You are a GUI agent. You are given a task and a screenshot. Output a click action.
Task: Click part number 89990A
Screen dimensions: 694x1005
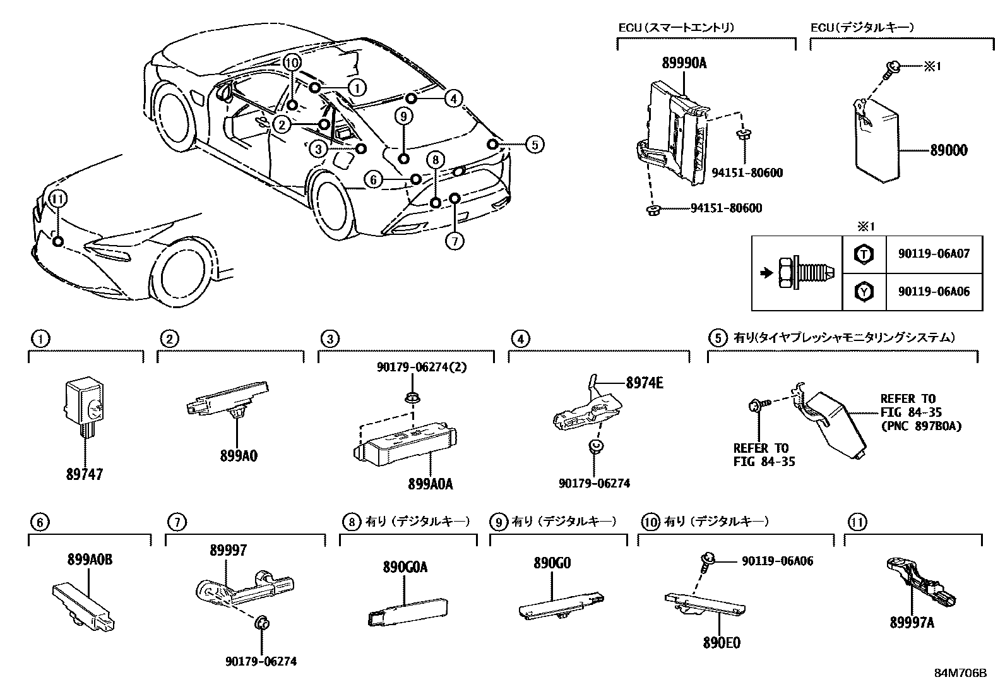pos(684,63)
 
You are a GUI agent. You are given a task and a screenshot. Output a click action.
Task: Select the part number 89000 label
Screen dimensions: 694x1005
pos(948,151)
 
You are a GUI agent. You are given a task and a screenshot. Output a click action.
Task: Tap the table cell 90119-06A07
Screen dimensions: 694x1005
pos(933,254)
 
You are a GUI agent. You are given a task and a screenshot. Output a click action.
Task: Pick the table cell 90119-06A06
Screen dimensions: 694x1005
pos(933,292)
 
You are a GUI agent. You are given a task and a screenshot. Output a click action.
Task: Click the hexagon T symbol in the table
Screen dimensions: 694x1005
pos(864,254)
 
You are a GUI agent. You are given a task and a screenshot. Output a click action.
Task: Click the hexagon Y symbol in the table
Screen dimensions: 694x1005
pos(864,292)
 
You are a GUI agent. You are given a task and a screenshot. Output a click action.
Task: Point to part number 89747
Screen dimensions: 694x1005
pos(84,474)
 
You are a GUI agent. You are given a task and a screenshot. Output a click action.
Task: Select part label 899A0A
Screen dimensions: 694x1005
pos(430,484)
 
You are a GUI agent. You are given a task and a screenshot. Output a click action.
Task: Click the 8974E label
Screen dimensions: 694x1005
pos(645,383)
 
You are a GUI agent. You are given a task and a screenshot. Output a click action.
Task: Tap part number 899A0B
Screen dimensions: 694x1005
pos(90,559)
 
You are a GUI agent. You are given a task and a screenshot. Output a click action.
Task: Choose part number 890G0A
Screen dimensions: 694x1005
pos(405,567)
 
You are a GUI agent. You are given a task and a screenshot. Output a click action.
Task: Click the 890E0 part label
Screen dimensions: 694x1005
pos(722,643)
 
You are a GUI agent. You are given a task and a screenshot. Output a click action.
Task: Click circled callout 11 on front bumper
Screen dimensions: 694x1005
pos(57,198)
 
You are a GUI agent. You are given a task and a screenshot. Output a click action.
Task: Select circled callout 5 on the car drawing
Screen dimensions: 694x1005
pos(534,145)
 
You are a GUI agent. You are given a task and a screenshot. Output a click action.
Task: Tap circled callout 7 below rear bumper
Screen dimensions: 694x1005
pos(455,241)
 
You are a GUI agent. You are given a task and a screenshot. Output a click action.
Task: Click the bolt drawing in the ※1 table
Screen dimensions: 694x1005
pos(805,273)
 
